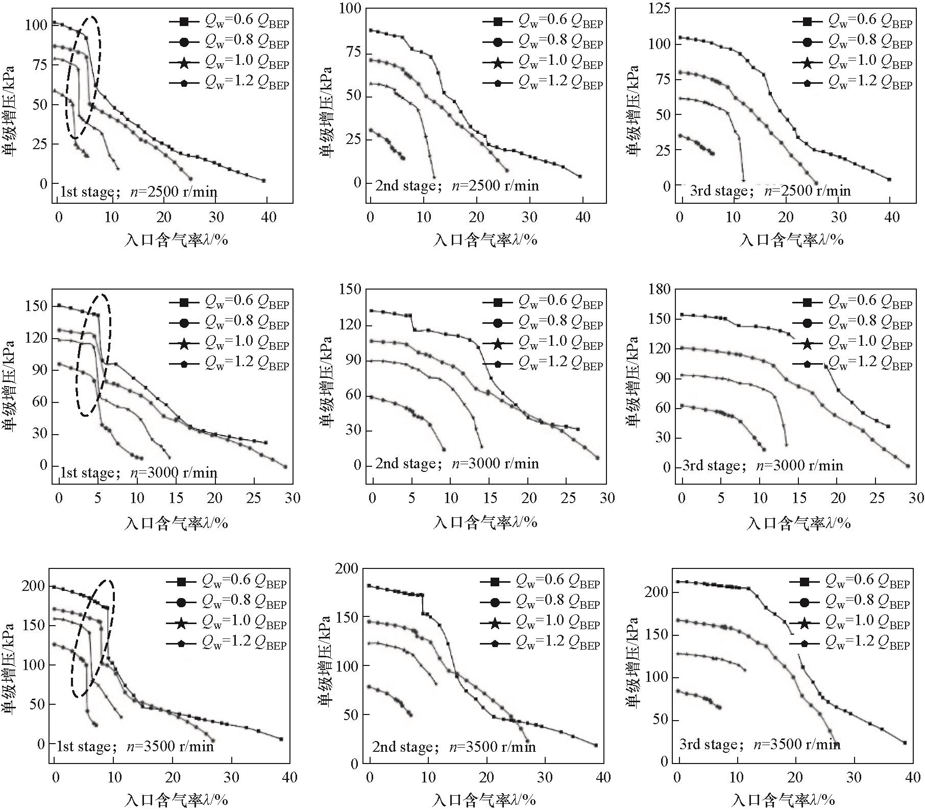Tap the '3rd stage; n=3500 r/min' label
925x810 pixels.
(759, 744)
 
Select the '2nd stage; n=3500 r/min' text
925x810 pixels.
(454, 747)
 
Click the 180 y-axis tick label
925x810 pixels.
(659, 289)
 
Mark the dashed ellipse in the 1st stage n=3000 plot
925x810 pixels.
(93, 354)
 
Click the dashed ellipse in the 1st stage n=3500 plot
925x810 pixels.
(92, 638)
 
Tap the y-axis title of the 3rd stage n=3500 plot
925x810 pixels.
(633, 664)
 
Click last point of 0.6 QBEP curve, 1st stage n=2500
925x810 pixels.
(263, 180)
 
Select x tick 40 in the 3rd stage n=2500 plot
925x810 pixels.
(892, 217)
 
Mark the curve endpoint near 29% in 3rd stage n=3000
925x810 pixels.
(908, 465)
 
